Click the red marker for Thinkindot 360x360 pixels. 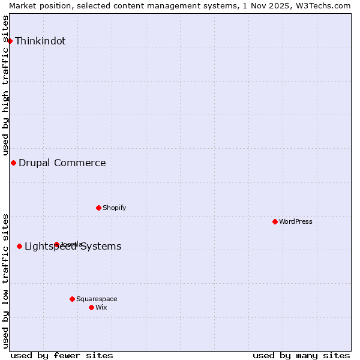[x=10, y=41]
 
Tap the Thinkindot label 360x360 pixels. [x=40, y=41]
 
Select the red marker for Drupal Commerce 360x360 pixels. [x=13, y=163]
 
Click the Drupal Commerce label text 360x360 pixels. [x=62, y=163]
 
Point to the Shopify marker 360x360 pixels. [x=98, y=208]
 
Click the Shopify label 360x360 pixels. [x=114, y=208]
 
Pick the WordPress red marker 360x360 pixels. [x=275, y=221]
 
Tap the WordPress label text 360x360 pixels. [x=295, y=221]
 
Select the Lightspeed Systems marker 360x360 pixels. [x=19, y=246]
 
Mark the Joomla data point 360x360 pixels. [x=56, y=244]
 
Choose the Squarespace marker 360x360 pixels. [x=72, y=299]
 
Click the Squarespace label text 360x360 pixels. [x=97, y=299]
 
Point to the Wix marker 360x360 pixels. [x=91, y=307]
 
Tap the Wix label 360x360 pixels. [x=101, y=307]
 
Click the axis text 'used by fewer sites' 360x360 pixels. [x=62, y=355]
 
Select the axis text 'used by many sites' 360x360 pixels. [x=301, y=355]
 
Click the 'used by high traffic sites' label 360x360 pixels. [x=6, y=85]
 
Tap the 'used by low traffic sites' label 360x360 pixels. [x=6, y=281]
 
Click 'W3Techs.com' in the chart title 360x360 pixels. [x=324, y=5]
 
